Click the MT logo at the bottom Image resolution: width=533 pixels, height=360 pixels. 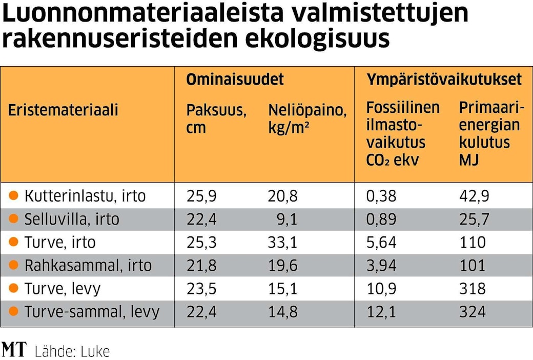pos(14,350)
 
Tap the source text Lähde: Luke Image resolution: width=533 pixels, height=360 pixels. pos(72,351)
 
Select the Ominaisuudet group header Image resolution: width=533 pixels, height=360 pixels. pos(234,79)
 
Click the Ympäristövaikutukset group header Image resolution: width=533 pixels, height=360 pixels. pos(444,79)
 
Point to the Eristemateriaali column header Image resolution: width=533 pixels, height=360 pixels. pos(63,110)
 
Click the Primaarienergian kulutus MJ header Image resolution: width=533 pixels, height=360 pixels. pos(491,134)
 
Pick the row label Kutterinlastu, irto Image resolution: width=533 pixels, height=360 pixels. pos(85,196)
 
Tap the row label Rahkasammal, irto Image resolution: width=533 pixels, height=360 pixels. pos(88,266)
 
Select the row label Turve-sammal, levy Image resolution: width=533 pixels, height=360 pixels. pos(92,312)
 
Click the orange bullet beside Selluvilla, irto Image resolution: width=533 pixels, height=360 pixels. pos(14,219)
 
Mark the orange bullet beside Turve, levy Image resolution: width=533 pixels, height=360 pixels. pos(14,288)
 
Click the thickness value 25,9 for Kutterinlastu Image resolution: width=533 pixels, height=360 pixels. pos(201,196)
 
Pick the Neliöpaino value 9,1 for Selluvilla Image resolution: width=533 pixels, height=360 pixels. pos(287,219)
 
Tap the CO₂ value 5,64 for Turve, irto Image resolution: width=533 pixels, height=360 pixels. pos(381,243)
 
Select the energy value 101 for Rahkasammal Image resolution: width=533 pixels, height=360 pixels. pos(472,266)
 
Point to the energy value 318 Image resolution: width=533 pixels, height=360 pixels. pos(472,289)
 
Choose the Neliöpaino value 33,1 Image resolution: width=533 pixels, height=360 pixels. pos(282,243)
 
